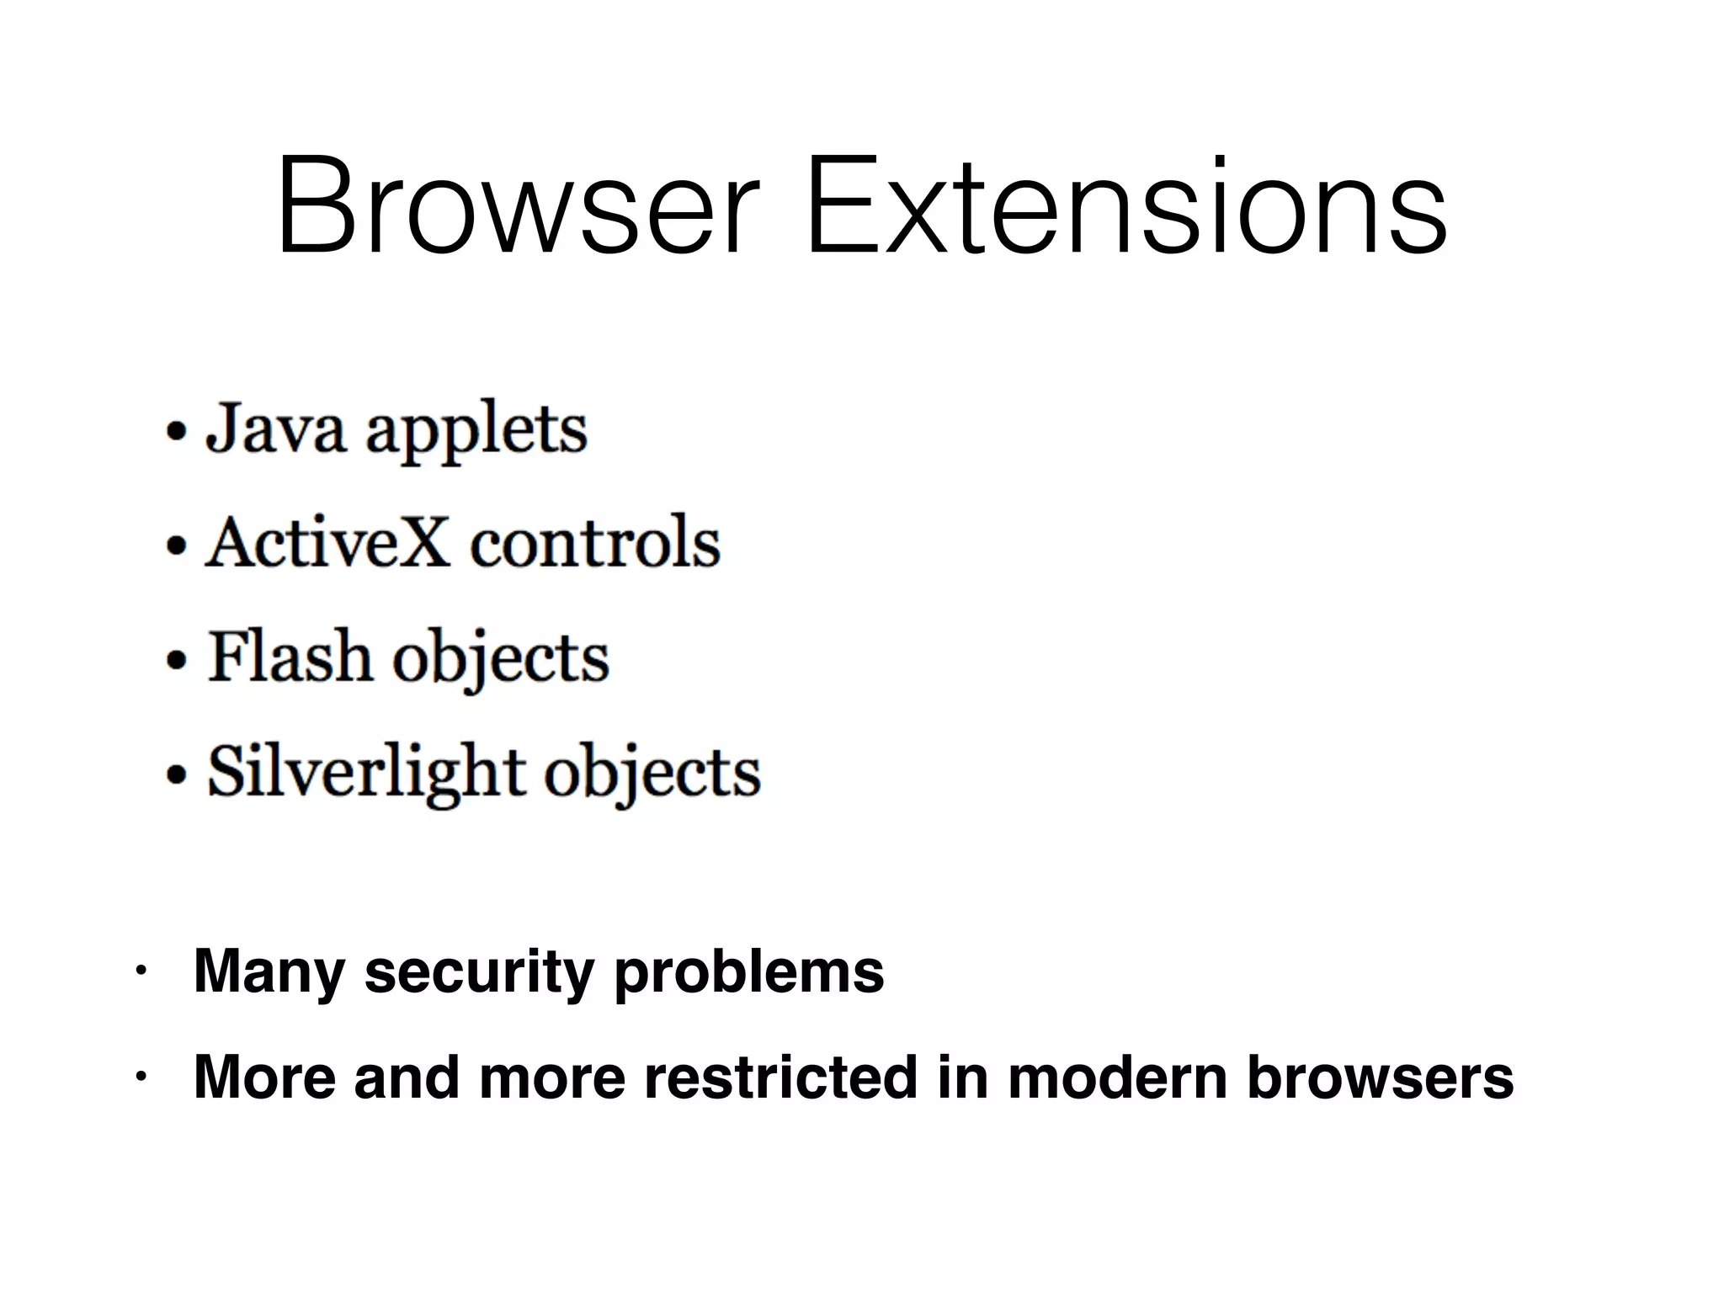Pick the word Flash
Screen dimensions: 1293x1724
(x=290, y=657)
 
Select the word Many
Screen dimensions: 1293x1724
(x=269, y=973)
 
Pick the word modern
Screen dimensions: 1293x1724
(x=1117, y=1077)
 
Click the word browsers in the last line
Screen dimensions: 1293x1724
(x=1380, y=1077)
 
